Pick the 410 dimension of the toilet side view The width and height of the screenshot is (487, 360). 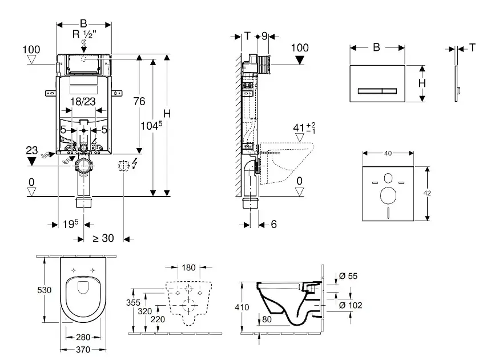pyautogui.click(x=243, y=307)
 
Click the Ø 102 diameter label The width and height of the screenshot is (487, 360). pyautogui.click(x=350, y=305)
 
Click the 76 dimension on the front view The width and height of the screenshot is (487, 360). pyautogui.click(x=139, y=101)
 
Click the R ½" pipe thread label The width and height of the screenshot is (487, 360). pyautogui.click(x=83, y=34)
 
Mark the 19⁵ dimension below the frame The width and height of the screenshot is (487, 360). pyautogui.click(x=70, y=223)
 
